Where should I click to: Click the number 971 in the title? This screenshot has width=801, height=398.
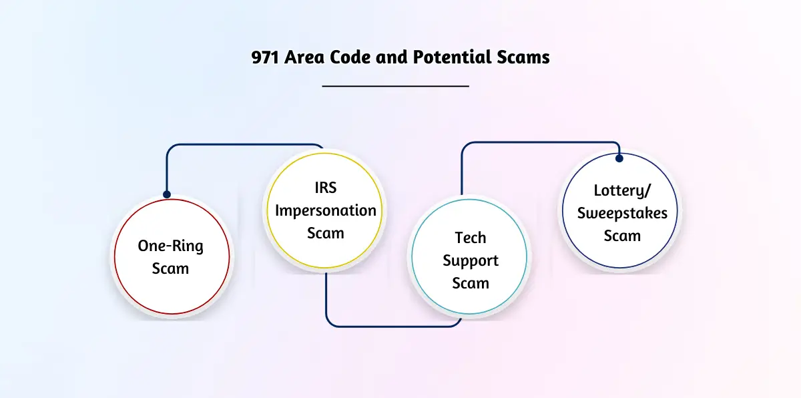(265, 57)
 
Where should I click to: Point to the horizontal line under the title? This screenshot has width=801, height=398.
(395, 86)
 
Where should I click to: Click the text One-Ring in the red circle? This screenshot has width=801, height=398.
(171, 246)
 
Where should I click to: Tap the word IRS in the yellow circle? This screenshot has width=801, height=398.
(326, 188)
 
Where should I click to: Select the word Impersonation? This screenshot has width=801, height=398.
(326, 210)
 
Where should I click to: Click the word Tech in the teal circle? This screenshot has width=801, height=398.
(470, 238)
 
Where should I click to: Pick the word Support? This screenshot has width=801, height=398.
(471, 261)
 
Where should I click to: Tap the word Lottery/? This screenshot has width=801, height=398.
(622, 190)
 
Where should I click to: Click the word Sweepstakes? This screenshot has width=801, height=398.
(622, 214)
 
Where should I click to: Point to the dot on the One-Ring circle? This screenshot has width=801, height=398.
(167, 194)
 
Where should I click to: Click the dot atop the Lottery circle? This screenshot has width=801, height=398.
(619, 158)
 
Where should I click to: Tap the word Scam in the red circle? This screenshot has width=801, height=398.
(171, 269)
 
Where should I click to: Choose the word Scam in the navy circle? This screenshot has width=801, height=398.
(622, 236)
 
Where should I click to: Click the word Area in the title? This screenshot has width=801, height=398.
(304, 57)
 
